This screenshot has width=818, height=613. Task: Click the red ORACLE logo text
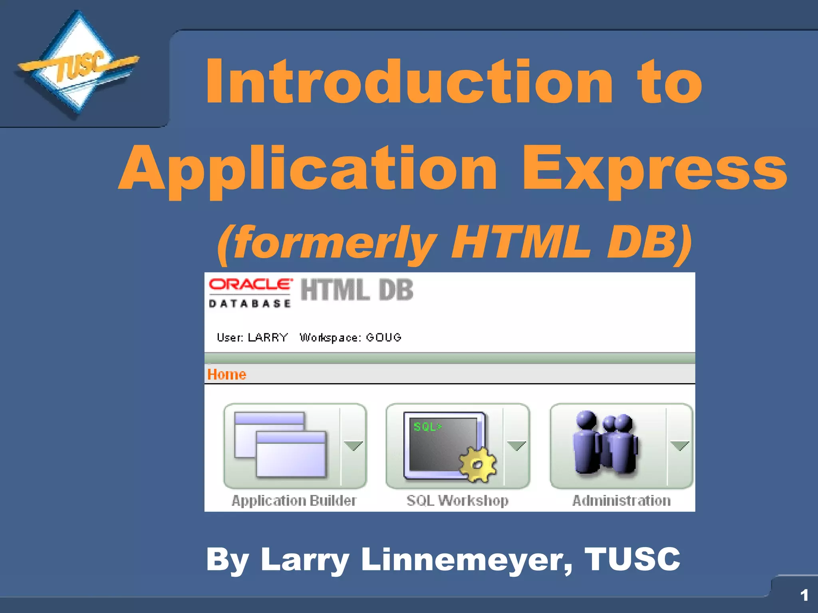(x=250, y=284)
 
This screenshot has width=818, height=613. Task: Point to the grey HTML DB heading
(x=357, y=290)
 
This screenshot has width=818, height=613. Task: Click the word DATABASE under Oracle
(x=250, y=304)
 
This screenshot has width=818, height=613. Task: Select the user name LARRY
(x=268, y=338)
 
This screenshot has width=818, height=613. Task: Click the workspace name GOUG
(x=383, y=338)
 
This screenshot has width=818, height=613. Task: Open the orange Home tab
(x=227, y=374)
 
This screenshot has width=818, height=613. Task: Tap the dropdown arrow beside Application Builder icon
(x=353, y=445)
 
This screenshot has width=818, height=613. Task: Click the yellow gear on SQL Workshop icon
(x=478, y=465)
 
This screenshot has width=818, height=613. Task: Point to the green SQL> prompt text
(x=427, y=427)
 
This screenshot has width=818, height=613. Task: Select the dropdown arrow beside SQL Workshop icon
(x=516, y=445)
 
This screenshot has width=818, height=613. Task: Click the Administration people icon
(x=605, y=444)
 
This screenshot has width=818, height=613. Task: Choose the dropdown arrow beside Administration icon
(x=680, y=445)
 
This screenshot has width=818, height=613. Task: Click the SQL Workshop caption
(x=458, y=500)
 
